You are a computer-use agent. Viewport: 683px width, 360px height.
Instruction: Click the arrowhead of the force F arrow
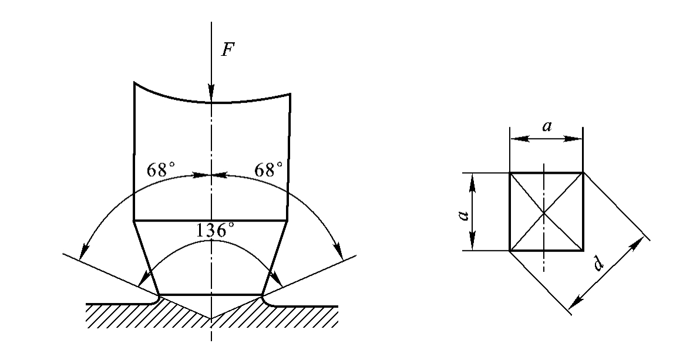click(x=211, y=92)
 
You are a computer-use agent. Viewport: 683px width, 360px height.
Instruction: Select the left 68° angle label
click(x=161, y=170)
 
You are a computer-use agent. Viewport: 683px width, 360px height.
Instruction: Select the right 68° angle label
click(x=268, y=170)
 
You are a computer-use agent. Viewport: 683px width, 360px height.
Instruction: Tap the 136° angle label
click(x=215, y=230)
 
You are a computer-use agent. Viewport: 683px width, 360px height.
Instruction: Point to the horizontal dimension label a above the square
click(x=547, y=126)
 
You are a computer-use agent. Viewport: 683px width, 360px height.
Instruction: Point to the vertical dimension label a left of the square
click(x=464, y=215)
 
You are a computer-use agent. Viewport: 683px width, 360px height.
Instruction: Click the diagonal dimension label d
click(x=598, y=263)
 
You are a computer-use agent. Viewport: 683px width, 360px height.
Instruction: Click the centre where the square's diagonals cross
click(x=544, y=212)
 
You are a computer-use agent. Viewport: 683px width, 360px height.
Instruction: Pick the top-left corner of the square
click(x=510, y=173)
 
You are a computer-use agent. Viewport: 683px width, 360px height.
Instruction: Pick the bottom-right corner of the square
click(x=583, y=251)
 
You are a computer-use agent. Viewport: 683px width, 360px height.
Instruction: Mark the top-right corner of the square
click(x=583, y=173)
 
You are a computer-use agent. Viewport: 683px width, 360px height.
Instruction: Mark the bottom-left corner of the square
click(x=510, y=251)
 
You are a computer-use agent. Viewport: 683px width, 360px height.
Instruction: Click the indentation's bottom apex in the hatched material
click(x=211, y=319)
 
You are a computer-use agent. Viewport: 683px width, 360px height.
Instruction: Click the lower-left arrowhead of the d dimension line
click(x=576, y=302)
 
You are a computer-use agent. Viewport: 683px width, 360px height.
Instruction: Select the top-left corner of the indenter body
click(x=134, y=82)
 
